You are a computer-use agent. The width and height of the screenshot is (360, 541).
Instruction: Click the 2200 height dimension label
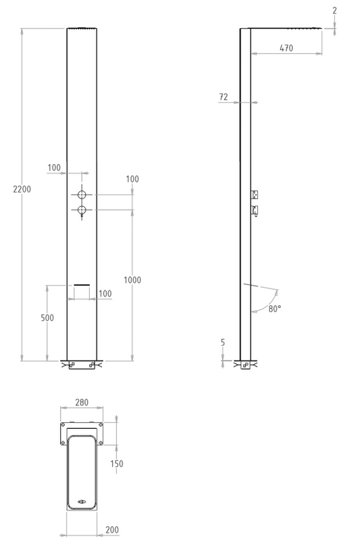tap(22, 189)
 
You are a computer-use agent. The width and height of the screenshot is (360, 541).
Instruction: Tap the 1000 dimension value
tap(132, 280)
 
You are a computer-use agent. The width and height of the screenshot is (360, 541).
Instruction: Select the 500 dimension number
tap(47, 317)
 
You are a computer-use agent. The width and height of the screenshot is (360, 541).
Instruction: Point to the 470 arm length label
tap(286, 48)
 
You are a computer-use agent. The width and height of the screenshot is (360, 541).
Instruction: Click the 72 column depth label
tap(224, 97)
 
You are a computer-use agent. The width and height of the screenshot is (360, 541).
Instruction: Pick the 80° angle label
tap(275, 309)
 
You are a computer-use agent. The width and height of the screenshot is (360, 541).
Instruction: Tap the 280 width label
tap(82, 403)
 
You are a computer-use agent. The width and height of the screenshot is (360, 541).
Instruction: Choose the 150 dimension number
tap(117, 464)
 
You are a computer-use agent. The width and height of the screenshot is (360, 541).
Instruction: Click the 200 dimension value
tap(112, 530)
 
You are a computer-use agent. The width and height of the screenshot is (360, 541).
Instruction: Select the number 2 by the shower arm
tap(334, 11)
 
